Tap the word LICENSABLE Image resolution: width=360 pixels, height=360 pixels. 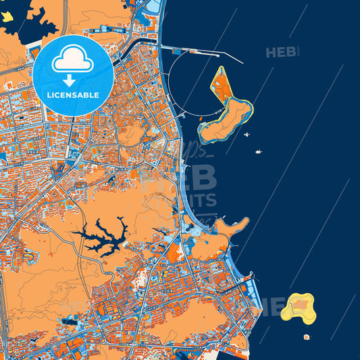click(x=72, y=95)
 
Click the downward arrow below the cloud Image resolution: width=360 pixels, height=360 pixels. click(x=72, y=80)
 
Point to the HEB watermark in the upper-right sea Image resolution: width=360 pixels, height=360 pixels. click(x=281, y=52)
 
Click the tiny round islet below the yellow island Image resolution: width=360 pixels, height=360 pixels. click(x=306, y=336)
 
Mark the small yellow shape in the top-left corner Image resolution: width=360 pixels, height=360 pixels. click(x=7, y=16)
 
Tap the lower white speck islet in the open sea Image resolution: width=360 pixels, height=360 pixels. click(x=258, y=152)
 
